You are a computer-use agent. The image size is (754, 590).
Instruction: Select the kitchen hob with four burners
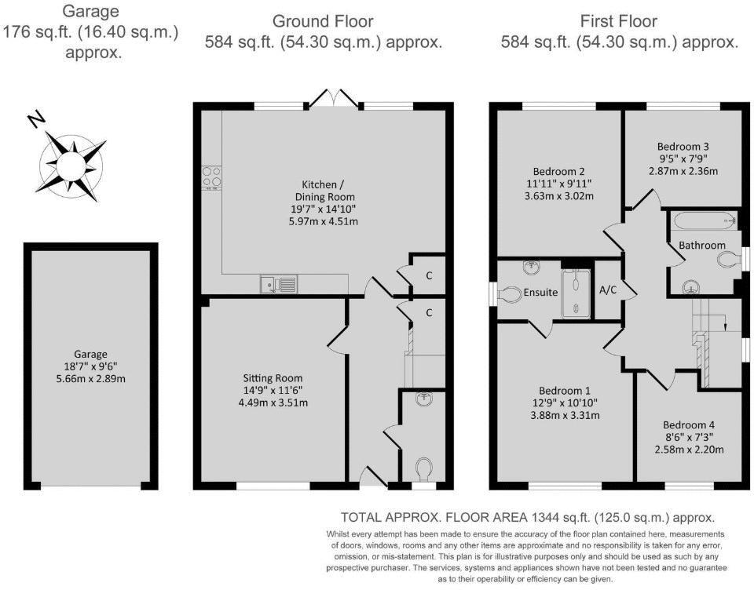pos(211,177)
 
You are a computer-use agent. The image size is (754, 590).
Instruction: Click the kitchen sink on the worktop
pos(279,283)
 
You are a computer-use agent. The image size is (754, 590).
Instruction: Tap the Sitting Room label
pos(273,378)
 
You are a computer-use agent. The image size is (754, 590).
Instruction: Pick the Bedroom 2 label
pos(559,172)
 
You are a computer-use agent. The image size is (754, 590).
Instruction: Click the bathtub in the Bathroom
pos(702,220)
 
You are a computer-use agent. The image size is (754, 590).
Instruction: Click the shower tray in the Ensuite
pos(577,293)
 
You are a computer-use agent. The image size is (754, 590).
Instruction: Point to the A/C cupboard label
pos(608,290)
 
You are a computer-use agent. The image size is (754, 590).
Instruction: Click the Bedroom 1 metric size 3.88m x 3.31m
pos(565,415)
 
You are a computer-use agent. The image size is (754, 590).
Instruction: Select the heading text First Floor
pos(618,21)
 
